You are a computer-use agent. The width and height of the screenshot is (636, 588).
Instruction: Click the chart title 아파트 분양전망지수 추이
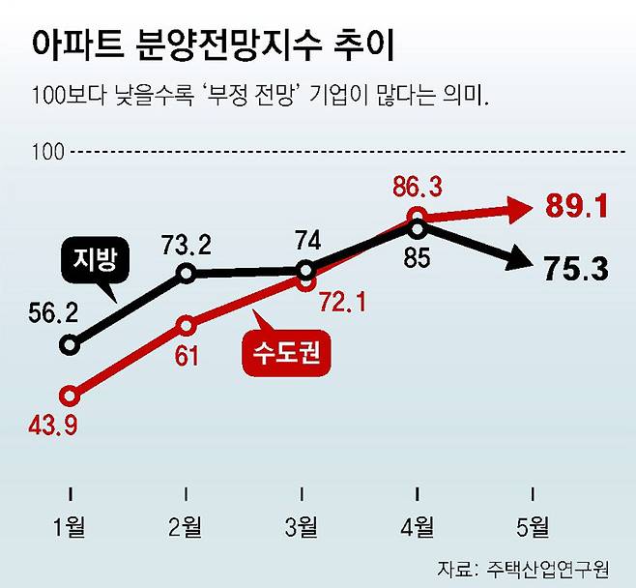click(x=215, y=44)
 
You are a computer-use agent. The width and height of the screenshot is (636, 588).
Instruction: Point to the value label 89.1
click(x=575, y=206)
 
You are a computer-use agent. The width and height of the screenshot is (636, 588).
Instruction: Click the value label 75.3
click(x=575, y=268)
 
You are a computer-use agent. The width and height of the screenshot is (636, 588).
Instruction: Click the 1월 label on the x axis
click(x=71, y=527)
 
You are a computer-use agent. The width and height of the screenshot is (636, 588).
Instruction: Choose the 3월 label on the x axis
click(x=303, y=527)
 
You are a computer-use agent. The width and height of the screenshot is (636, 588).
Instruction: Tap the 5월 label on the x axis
click(x=534, y=527)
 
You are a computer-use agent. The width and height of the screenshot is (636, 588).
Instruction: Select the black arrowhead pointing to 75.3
click(x=518, y=260)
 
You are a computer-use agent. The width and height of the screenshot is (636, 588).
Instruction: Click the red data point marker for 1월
click(x=70, y=395)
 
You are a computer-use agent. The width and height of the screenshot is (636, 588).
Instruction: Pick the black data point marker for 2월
click(x=188, y=274)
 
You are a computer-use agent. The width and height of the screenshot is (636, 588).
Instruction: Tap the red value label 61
click(x=187, y=355)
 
